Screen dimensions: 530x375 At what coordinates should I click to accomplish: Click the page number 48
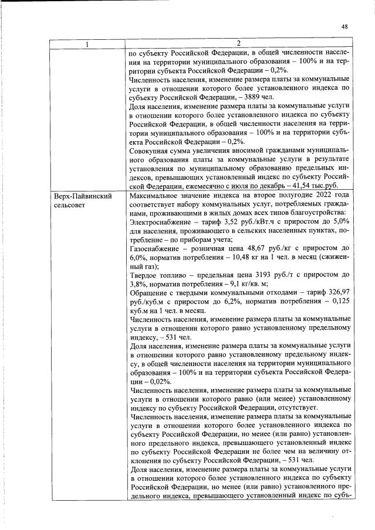coord(344,26)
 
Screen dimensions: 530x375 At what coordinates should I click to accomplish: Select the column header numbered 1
coord(86,44)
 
